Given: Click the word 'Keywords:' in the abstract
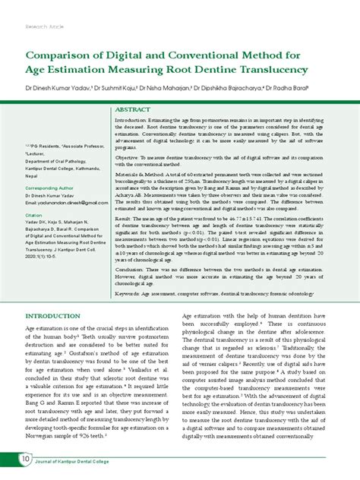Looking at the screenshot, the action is pyautogui.click(x=131, y=292).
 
